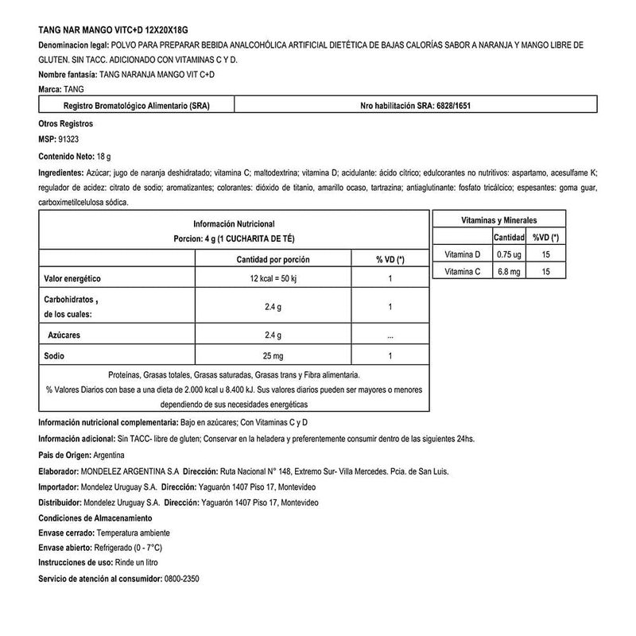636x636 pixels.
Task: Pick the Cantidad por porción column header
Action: pos(273,260)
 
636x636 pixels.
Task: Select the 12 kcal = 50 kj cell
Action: pos(273,279)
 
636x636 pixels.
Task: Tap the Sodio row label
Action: pos(53,355)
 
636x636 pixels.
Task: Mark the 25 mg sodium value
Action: pos(273,355)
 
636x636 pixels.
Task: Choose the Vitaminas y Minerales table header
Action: pos(499,219)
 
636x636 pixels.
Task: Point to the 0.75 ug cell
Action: pos(509,254)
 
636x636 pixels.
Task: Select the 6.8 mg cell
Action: pos(509,272)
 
